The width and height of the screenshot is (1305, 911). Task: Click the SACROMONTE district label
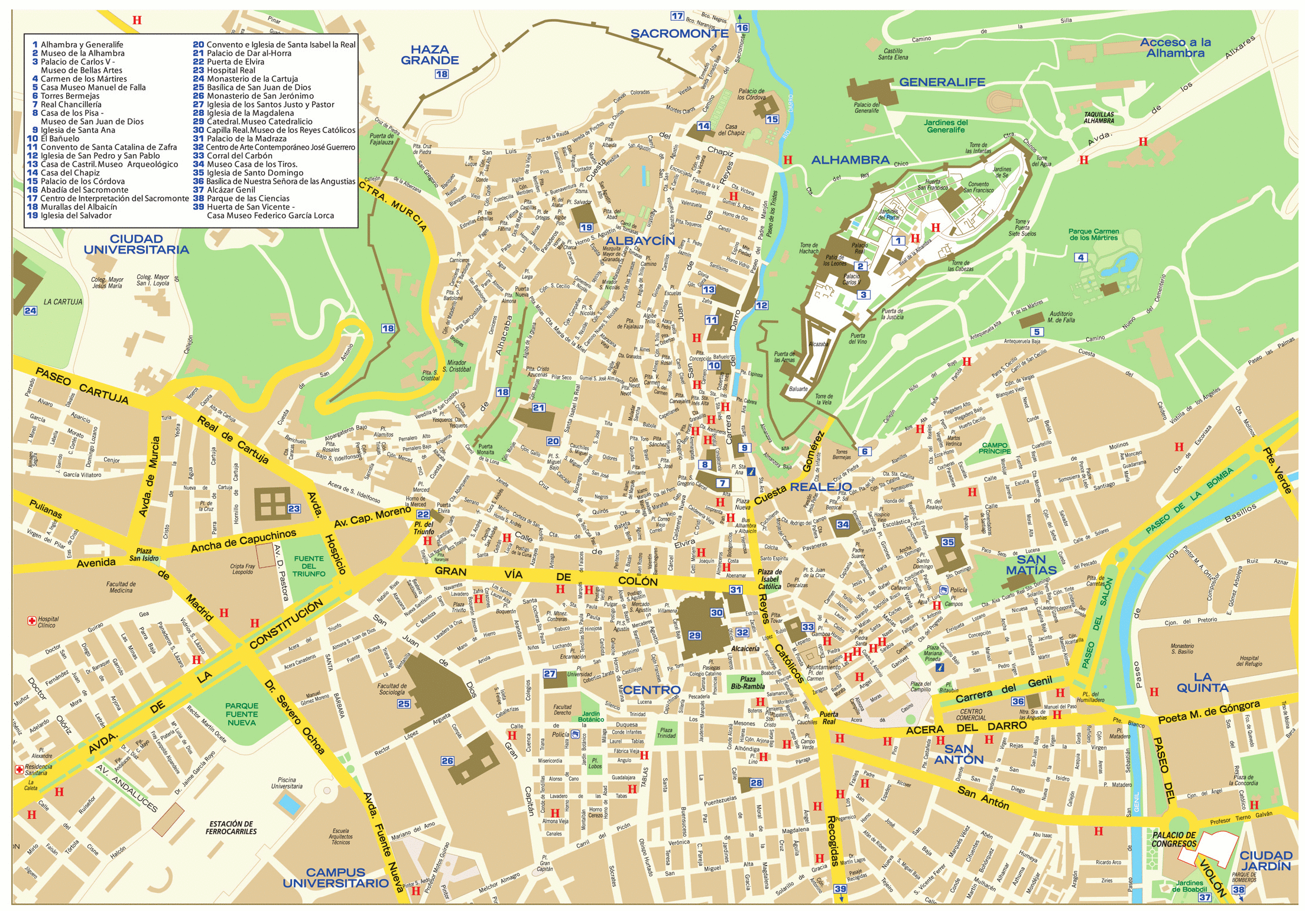[679, 34]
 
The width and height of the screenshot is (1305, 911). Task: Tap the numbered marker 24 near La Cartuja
[30, 311]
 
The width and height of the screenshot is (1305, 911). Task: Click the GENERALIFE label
[942, 82]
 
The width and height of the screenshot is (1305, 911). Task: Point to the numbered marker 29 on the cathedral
[694, 636]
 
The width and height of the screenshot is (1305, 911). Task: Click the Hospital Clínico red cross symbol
[32, 620]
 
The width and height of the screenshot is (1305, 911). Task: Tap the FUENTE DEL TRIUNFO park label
[309, 566]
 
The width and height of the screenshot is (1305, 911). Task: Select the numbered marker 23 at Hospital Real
[294, 509]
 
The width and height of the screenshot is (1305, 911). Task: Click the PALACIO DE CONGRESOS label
[1174, 840]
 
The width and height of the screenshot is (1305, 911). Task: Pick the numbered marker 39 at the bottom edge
[840, 889]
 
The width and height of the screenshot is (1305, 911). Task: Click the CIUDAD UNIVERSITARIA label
[137, 244]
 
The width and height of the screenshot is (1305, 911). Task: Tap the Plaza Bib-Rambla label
[748, 683]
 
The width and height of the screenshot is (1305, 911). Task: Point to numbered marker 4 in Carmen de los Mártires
[1080, 258]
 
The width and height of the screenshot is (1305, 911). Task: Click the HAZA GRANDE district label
[430, 55]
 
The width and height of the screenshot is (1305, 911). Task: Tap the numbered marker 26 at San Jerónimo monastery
[447, 761]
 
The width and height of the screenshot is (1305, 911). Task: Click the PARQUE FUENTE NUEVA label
[241, 714]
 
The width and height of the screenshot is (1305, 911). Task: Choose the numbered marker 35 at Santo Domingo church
[948, 542]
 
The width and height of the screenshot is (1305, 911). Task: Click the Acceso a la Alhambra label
[1175, 48]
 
